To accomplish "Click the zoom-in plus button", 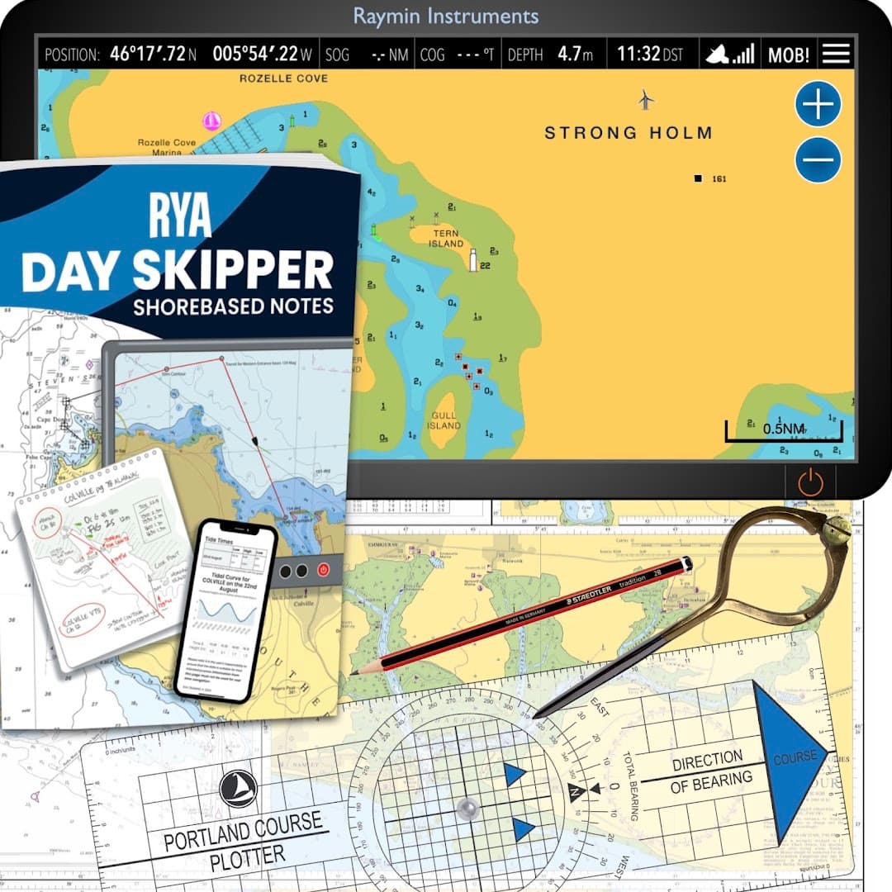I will [818, 105].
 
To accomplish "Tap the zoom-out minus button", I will [818, 160].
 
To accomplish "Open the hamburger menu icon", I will [836, 55].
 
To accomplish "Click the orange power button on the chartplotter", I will [810, 482].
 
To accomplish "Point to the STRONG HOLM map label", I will [628, 132].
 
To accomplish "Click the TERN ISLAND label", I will [446, 239].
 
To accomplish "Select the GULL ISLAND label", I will [444, 420].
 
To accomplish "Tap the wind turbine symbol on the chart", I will [646, 100].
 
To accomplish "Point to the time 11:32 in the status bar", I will [638, 55].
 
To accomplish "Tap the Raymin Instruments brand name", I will [446, 16].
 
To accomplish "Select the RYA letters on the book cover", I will [180, 216].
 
